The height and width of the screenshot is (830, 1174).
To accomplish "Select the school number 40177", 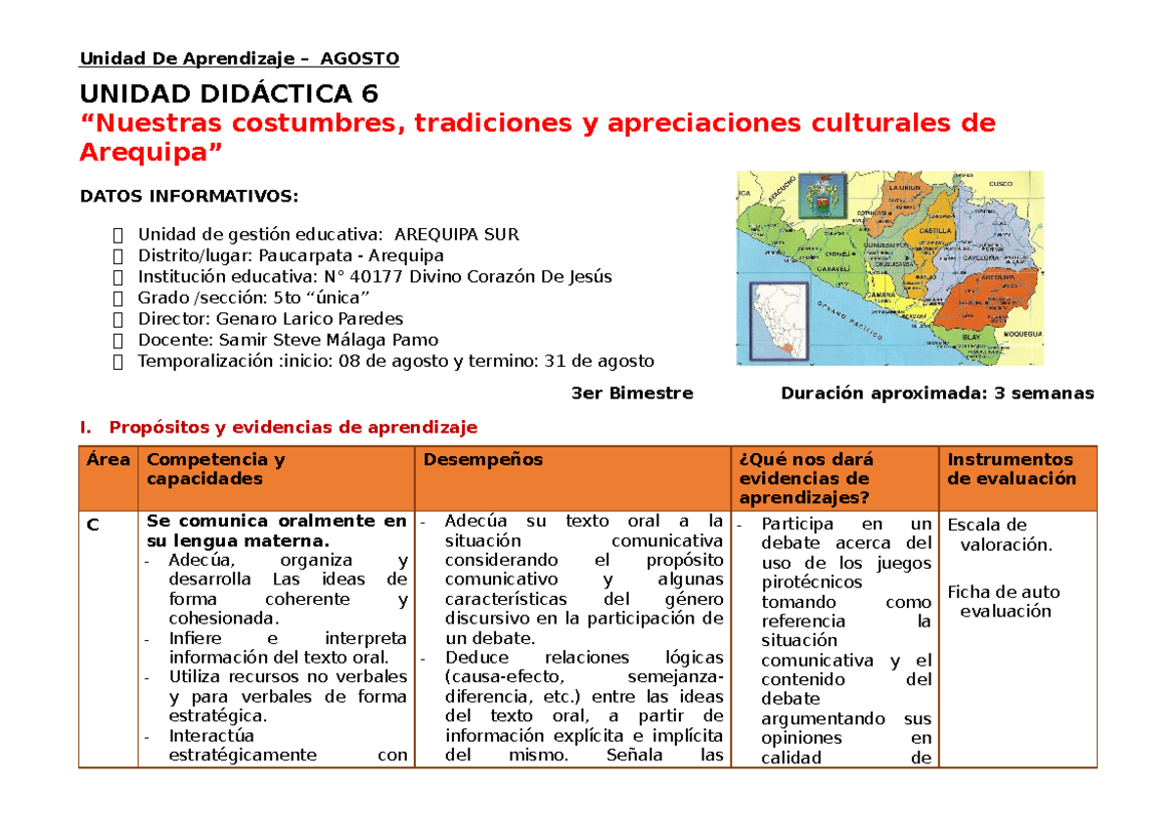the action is pyautogui.click(x=379, y=276).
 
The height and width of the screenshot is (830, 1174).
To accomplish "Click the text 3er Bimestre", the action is pyautogui.click(x=631, y=393).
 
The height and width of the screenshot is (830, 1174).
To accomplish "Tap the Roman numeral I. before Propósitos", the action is pyautogui.click(x=86, y=427).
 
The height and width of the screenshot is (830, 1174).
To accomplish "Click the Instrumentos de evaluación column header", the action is pyautogui.click(x=1011, y=469).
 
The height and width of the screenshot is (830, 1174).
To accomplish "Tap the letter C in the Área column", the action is pyautogui.click(x=92, y=526).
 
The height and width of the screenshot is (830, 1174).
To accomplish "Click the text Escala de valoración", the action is pyautogui.click(x=1000, y=535).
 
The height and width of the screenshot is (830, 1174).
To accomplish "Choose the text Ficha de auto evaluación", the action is pyautogui.click(x=1004, y=601).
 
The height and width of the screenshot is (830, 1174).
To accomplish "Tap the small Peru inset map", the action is pyautogui.click(x=781, y=320).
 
